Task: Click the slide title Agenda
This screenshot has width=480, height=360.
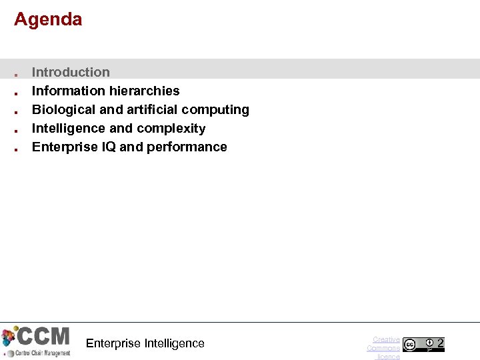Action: point(48,19)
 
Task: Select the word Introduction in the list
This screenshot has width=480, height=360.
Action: point(71,72)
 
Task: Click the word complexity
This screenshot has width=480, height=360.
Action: point(174,128)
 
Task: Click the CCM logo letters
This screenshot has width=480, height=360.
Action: point(43,335)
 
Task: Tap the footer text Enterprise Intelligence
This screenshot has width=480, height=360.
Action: point(145,343)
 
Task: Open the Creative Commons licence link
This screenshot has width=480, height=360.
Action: point(384,348)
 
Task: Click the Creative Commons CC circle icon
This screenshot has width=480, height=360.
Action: point(409,345)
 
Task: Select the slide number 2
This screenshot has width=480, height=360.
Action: point(440,344)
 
